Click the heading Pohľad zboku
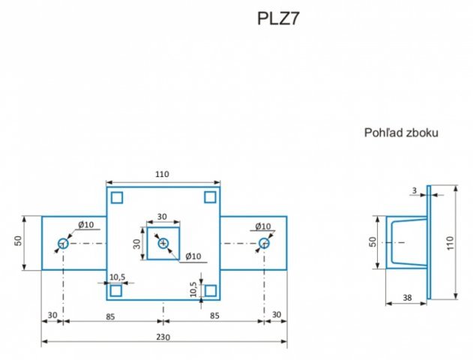(x=401, y=133)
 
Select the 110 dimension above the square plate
(x=162, y=174)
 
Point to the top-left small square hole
(x=117, y=197)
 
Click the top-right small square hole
(x=211, y=197)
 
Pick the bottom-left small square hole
(x=117, y=291)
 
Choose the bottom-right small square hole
(x=211, y=291)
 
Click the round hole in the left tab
(x=63, y=244)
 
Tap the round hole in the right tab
(x=264, y=244)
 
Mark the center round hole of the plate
(x=163, y=244)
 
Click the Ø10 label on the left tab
(x=86, y=225)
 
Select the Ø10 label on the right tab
(x=262, y=226)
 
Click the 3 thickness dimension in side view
(x=415, y=190)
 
